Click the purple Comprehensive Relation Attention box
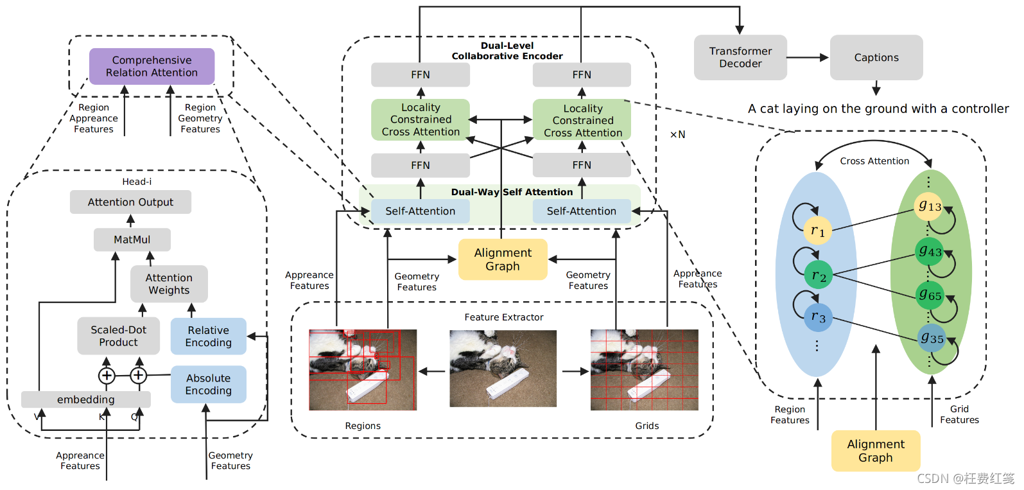pos(152,66)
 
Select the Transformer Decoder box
pos(740,57)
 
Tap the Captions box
pos(876,57)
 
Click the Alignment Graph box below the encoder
pos(503,259)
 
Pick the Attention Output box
pos(130,202)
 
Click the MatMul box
pos(132,240)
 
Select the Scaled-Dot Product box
pos(118,336)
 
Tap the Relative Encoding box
pos(208,336)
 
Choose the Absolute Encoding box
pos(208,384)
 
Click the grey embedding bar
pos(85,399)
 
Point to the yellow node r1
pos(817,231)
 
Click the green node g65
pos(930,295)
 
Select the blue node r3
pos(818,317)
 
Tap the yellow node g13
pos(929,206)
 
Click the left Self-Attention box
pos(420,211)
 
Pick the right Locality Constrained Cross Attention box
pos(582,120)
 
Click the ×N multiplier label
pos(677,134)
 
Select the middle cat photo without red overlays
pos(503,368)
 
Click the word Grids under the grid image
pos(647,426)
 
